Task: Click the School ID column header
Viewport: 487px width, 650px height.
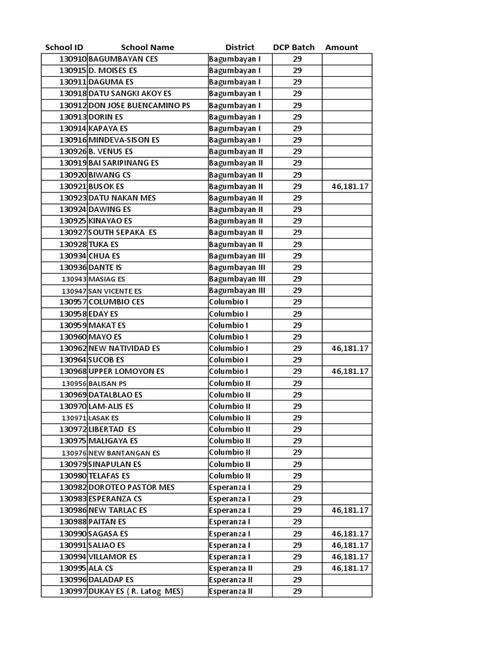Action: [64, 47]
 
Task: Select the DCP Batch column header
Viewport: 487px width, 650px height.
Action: [294, 47]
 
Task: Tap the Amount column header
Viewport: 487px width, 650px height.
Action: [341, 47]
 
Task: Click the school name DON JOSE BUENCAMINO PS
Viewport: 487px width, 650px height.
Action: [139, 105]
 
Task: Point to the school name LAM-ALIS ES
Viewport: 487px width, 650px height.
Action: [111, 406]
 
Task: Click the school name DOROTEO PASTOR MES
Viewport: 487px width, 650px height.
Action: [131, 487]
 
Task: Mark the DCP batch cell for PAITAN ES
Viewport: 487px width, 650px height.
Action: [297, 522]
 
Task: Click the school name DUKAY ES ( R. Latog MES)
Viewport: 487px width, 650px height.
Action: [136, 592]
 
